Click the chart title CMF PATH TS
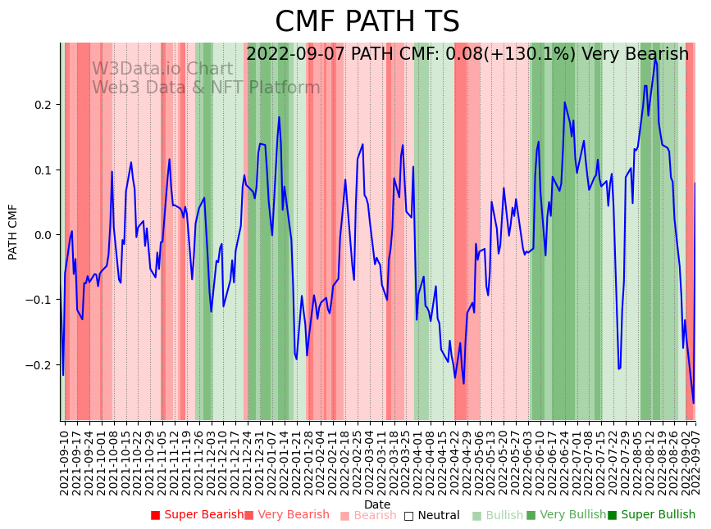pos(367,22)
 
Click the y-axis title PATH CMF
pos(13,232)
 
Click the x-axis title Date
pos(377,504)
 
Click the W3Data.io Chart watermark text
pos(162,69)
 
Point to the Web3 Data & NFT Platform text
pos(206,88)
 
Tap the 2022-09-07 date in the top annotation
pos(296,54)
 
